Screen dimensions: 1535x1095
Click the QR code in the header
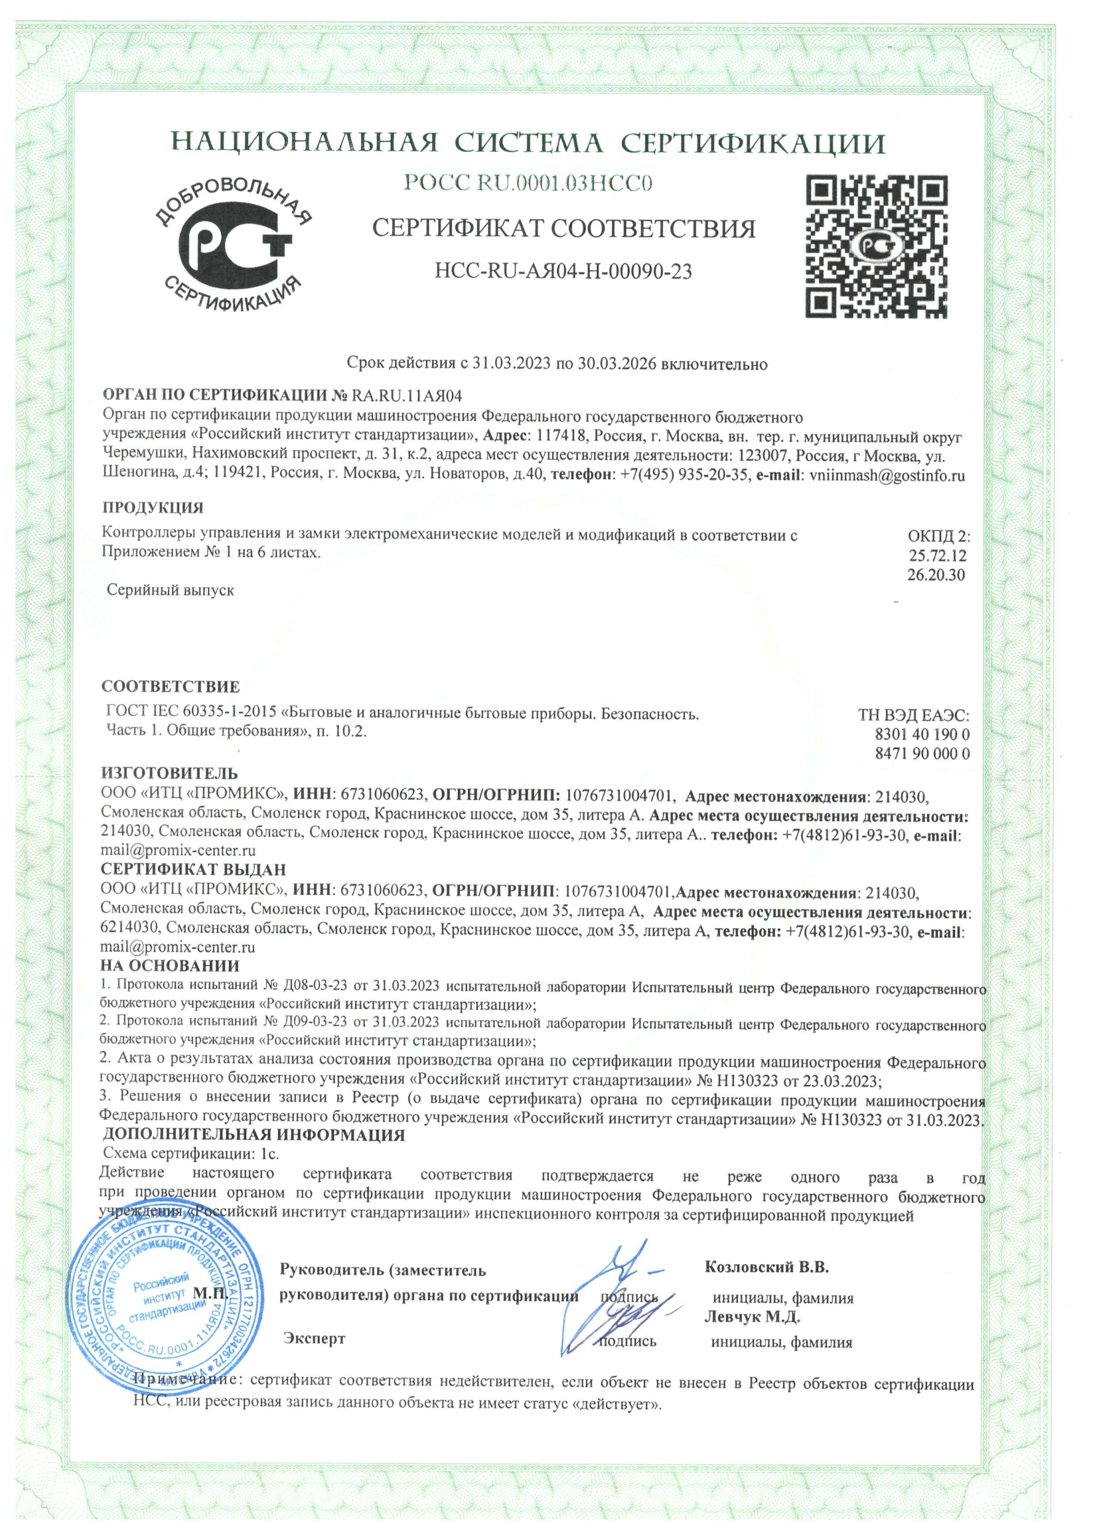(x=877, y=246)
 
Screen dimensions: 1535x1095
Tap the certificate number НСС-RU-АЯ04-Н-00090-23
(x=563, y=271)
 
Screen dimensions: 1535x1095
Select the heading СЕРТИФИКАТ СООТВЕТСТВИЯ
(x=563, y=228)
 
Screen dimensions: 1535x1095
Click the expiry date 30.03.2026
(x=613, y=364)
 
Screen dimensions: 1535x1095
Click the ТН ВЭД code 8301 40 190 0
(x=922, y=734)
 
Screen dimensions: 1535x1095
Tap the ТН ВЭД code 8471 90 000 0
(x=922, y=754)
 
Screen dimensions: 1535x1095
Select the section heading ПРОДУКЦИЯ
(x=153, y=507)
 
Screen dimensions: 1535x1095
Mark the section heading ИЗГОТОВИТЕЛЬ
(x=169, y=773)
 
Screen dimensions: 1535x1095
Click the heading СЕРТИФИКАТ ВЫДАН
(x=193, y=869)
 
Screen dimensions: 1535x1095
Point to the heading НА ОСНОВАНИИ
(x=169, y=966)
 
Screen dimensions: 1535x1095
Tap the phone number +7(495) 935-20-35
(x=684, y=475)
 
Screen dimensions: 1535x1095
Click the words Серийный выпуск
(x=171, y=590)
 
